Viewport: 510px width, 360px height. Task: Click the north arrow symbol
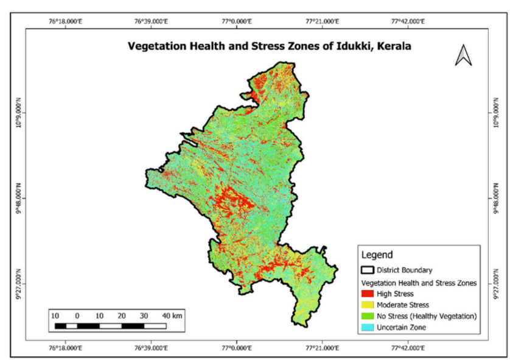point(464,55)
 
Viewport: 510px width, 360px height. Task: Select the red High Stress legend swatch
point(368,294)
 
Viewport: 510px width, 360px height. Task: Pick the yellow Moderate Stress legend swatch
point(368,305)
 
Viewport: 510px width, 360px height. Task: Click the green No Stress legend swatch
point(368,316)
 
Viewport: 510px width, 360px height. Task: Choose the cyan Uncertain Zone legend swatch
point(368,327)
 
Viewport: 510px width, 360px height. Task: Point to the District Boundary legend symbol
point(368,270)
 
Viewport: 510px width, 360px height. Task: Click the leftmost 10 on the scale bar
point(55,316)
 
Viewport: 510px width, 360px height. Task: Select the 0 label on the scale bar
point(77,316)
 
